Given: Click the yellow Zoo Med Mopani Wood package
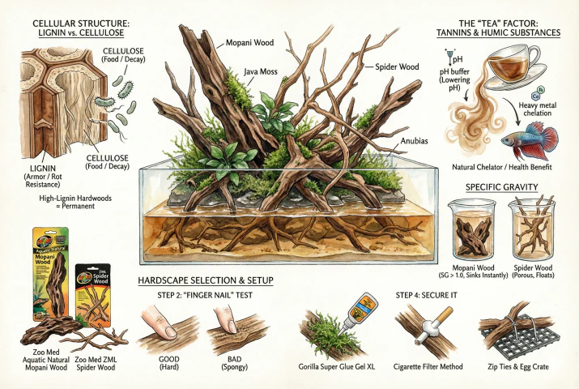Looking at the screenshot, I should (x=49, y=268).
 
